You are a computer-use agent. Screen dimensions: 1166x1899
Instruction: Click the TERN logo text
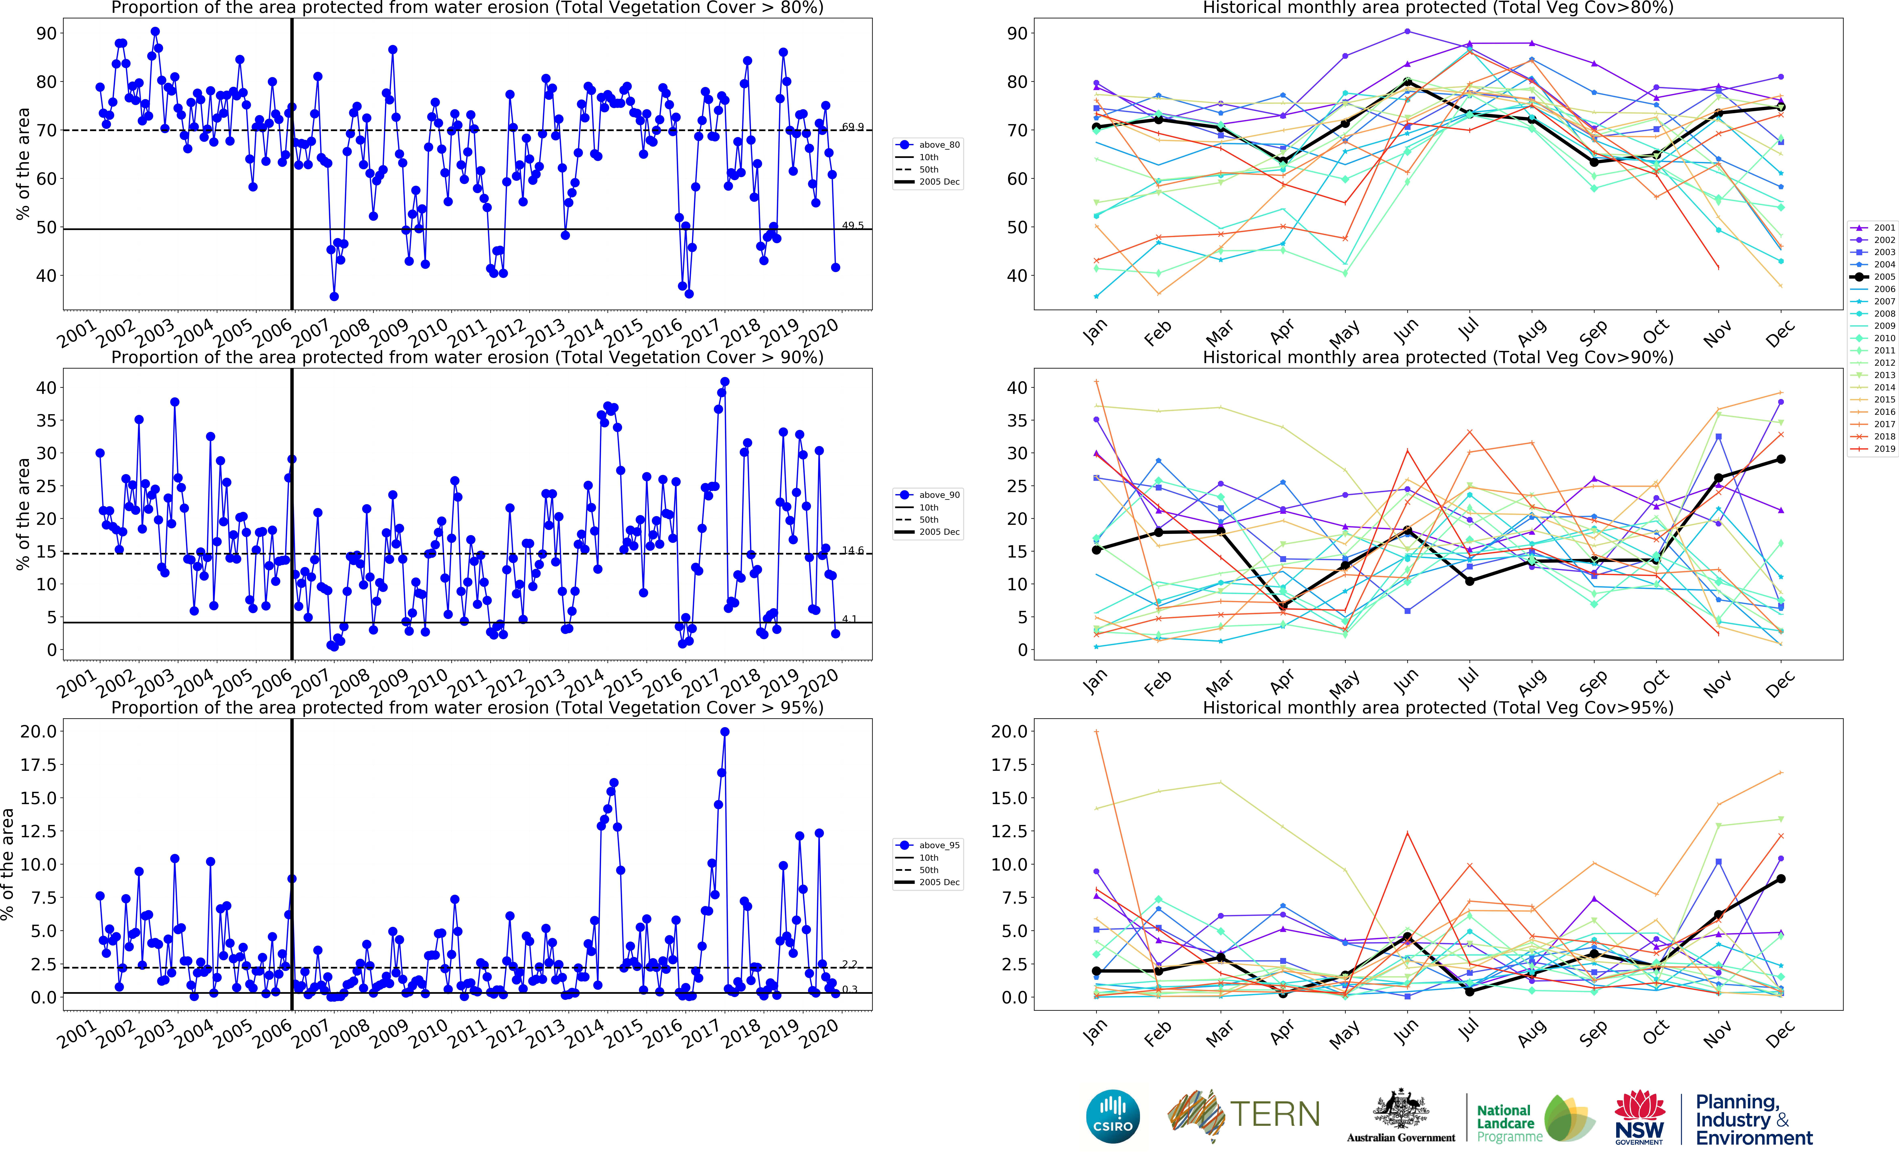1274,1114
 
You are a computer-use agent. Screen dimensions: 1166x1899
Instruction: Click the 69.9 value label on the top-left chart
852,127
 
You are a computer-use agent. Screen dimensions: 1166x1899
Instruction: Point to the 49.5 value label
852,226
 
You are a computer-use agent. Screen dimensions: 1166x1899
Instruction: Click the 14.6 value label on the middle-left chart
852,551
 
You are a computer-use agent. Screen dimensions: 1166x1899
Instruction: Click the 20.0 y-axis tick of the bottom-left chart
39,731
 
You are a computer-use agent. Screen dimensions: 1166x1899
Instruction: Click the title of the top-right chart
1438,8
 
